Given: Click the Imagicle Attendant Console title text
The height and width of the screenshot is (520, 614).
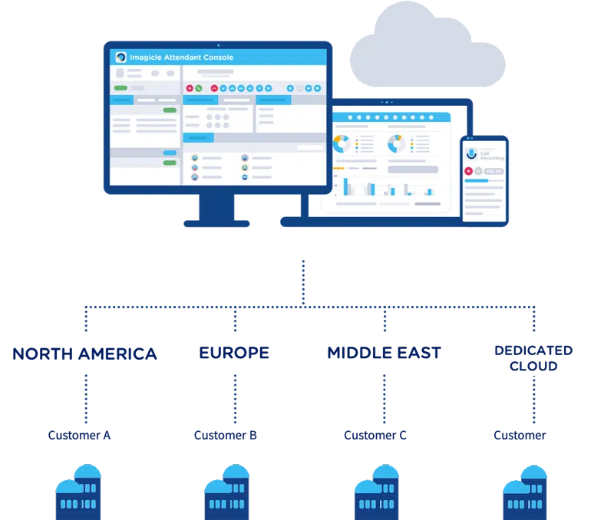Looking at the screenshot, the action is [181, 58].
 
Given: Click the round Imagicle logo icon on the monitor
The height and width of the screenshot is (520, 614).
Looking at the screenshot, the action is [120, 58].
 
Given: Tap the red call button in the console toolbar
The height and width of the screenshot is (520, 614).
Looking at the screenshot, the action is [190, 88].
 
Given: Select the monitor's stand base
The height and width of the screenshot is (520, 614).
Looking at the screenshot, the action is [218, 223].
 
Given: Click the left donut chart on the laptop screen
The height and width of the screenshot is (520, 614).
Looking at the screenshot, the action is [342, 143].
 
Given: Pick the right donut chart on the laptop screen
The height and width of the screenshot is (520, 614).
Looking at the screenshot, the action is [396, 143].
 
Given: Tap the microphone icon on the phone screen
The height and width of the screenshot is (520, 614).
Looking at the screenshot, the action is [471, 153].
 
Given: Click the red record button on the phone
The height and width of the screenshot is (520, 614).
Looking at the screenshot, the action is [468, 170].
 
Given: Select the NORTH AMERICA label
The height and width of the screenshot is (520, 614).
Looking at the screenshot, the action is [84, 354].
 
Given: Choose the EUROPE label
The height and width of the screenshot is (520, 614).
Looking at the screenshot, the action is [234, 354].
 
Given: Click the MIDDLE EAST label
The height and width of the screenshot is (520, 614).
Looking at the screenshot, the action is [384, 354].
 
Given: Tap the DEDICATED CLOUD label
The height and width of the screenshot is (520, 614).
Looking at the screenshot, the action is [533, 357].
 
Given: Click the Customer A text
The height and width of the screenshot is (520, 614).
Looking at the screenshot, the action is [78, 436].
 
